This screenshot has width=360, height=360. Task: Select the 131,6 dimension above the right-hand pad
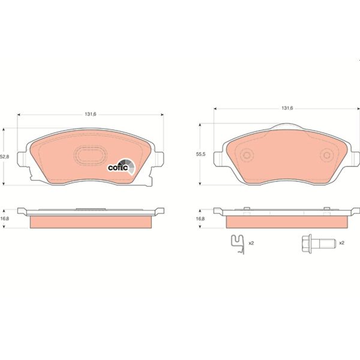coord(287,108)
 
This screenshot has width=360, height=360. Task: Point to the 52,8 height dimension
coord(4,157)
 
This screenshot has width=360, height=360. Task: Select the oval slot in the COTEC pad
coord(89,155)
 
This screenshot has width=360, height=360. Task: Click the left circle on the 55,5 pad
coord(246,155)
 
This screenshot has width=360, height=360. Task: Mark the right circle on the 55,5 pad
coord(327,155)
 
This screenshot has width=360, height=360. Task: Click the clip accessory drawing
coord(238,245)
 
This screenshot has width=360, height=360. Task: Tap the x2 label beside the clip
coord(251,243)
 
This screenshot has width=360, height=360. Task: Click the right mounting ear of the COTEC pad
coord(160,157)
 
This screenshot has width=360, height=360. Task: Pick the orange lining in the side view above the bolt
coord(287,221)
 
